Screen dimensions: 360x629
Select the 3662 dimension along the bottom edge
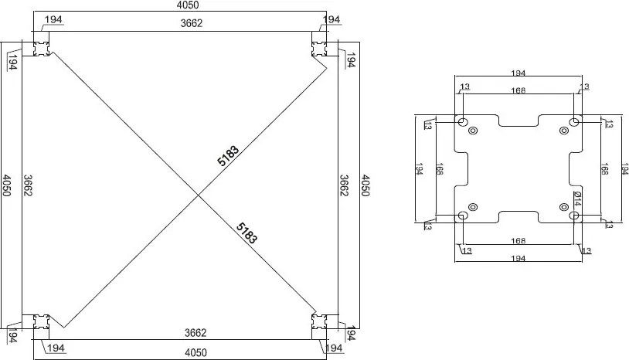click(195, 333)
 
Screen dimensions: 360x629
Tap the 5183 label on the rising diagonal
click(228, 156)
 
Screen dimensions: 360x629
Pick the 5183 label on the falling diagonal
click(245, 231)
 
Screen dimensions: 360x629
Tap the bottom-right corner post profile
click(321, 324)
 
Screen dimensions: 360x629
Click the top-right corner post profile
click(321, 47)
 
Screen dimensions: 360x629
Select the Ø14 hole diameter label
click(577, 199)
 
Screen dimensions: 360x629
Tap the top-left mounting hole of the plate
click(462, 122)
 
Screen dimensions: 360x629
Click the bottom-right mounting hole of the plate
click(574, 216)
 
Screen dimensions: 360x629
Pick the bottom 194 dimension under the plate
click(518, 260)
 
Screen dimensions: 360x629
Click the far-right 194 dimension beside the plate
click(623, 168)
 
